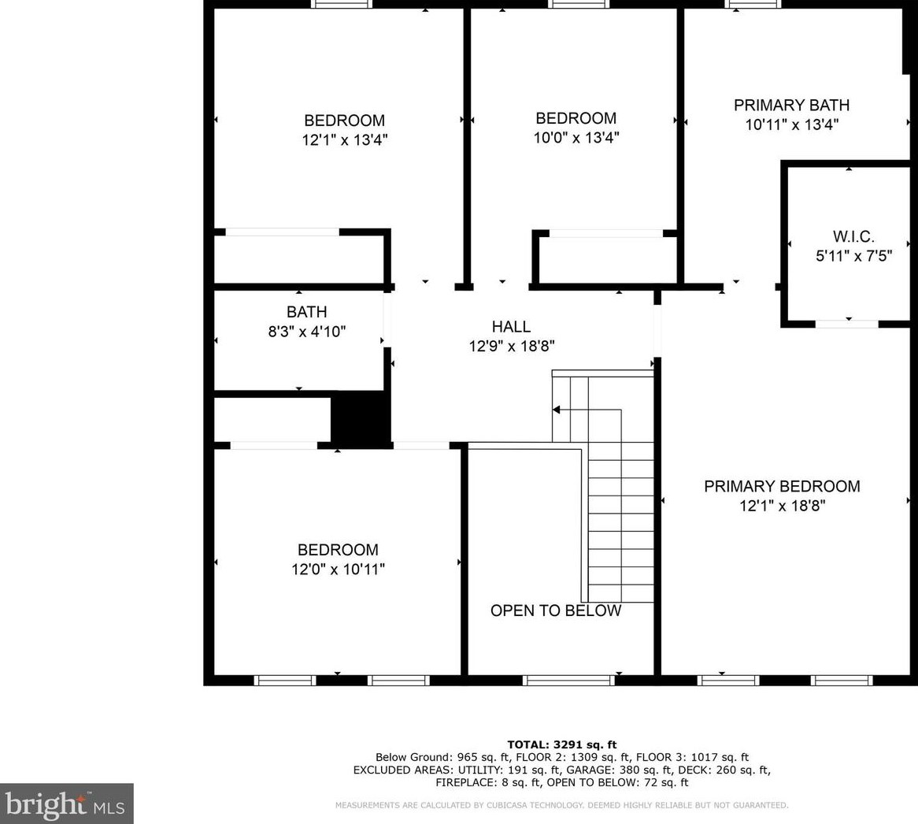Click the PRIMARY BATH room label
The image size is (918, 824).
[x=791, y=105]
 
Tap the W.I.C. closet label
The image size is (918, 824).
[x=853, y=236]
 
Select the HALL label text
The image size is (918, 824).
[x=511, y=326]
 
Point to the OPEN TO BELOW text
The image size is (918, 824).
[x=556, y=611]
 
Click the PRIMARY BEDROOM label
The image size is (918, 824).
[x=782, y=486]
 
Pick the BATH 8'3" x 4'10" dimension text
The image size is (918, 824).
[x=306, y=332]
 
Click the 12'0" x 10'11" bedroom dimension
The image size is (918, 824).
[x=338, y=569]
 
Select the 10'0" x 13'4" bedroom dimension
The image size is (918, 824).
[x=576, y=138]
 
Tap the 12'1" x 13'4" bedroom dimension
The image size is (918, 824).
[x=345, y=140]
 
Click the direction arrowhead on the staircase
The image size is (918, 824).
[x=557, y=410]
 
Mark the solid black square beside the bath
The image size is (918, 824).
[x=361, y=421]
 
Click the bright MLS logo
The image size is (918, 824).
[x=66, y=804]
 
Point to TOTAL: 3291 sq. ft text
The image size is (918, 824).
[x=561, y=744]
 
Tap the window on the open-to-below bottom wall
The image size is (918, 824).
[x=568, y=680]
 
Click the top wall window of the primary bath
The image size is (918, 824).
[x=753, y=4]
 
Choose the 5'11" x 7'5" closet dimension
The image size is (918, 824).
[x=853, y=255]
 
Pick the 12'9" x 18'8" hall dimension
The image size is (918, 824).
[x=511, y=345]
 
